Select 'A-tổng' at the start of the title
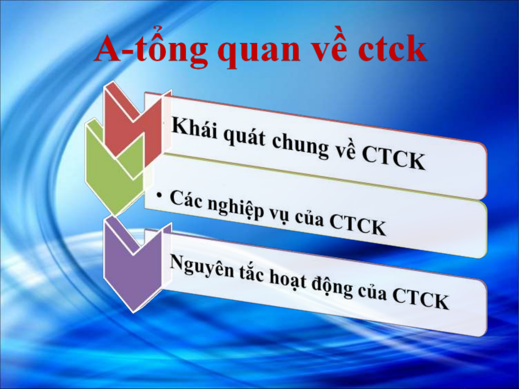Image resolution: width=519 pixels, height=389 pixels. coord(151,49)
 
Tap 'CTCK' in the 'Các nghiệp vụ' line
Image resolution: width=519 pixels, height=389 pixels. coord(357,226)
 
